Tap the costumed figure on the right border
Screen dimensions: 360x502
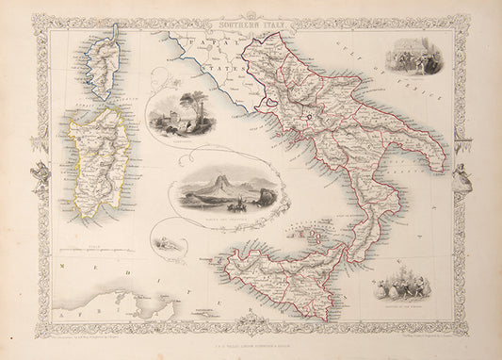[464, 174]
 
